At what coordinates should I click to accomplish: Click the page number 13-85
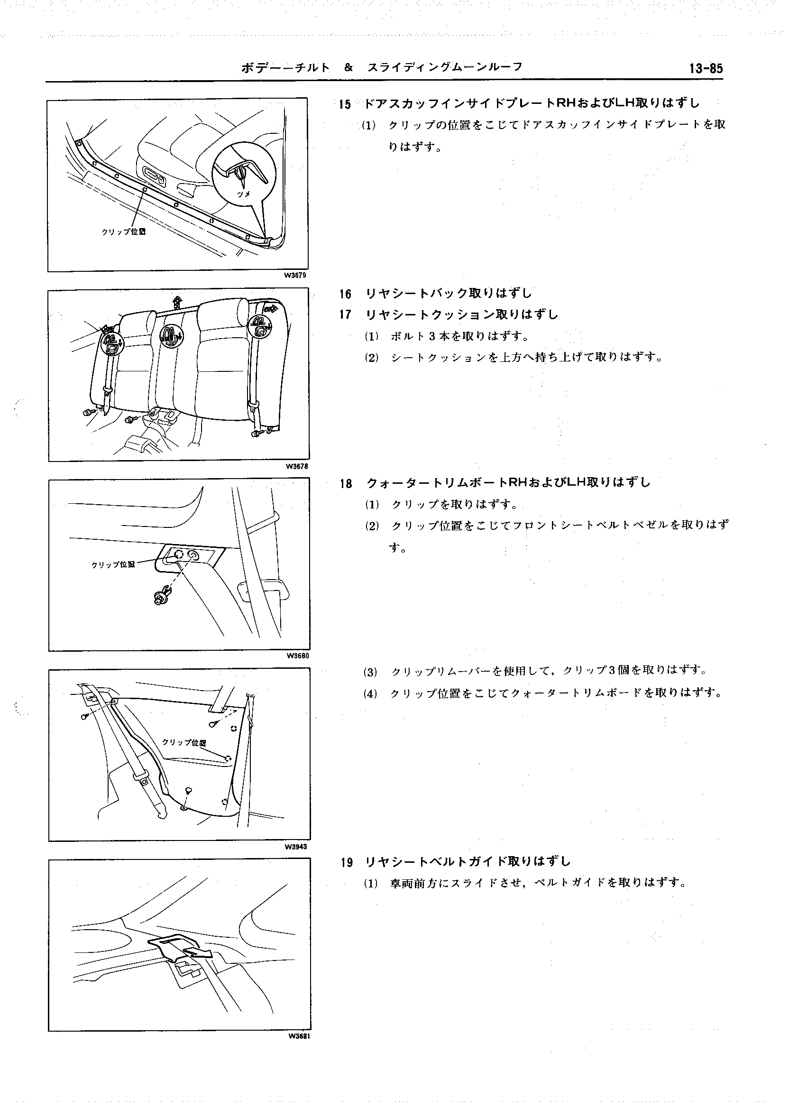(x=706, y=68)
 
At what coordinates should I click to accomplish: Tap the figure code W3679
(x=295, y=276)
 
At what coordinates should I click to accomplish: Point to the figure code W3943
(x=296, y=847)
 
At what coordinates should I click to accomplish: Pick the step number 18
(x=346, y=483)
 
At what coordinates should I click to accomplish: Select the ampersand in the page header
(x=349, y=67)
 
